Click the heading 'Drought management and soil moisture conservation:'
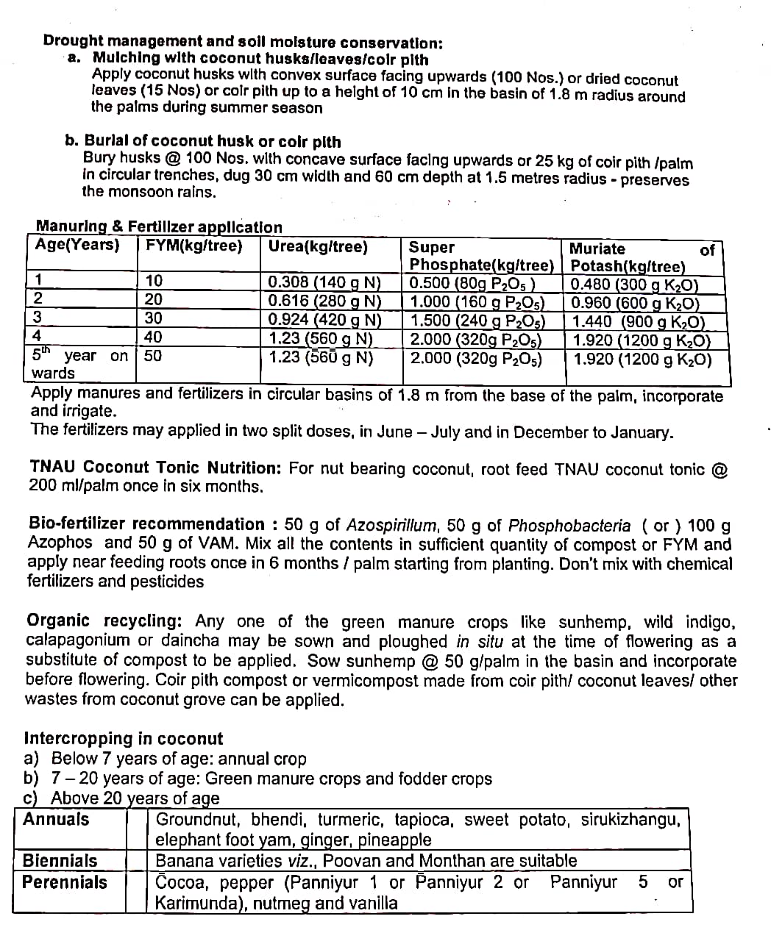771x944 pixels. [243, 42]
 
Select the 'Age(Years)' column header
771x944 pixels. [77, 246]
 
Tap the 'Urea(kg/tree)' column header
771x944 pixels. [318, 247]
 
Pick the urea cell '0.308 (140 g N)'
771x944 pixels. [324, 282]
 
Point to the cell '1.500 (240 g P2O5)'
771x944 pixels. [477, 321]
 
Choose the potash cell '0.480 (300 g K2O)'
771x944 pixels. [634, 285]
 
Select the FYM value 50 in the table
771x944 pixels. [153, 356]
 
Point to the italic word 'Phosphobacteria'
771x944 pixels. [569, 526]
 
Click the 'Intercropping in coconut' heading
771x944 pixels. [124, 738]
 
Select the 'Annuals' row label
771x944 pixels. [56, 820]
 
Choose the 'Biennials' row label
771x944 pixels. [60, 860]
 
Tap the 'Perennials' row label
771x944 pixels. [65, 882]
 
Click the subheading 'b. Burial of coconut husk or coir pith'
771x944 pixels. [202, 141]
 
